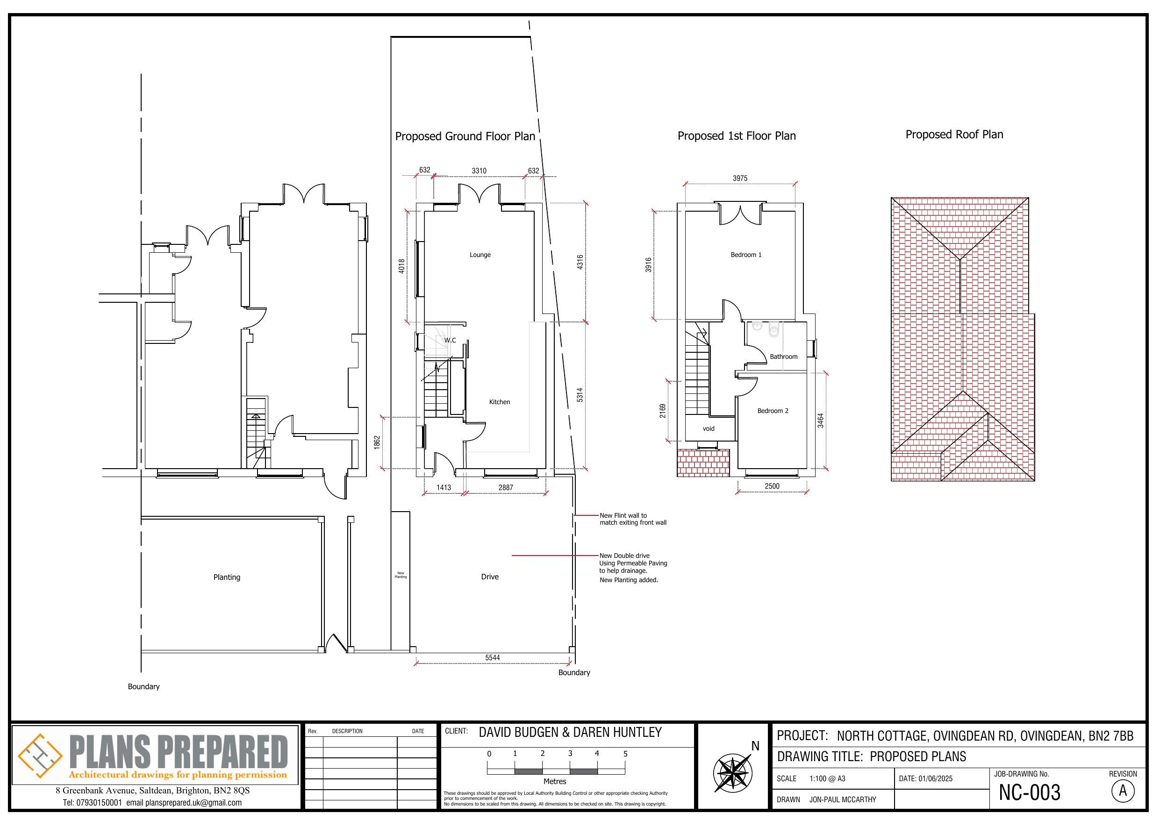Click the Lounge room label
[480, 255]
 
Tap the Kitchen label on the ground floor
[499, 402]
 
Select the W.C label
[450, 340]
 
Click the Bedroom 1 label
[746, 255]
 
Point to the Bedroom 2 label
[773, 411]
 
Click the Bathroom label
[783, 357]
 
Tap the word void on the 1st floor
[709, 428]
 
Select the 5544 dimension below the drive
[492, 657]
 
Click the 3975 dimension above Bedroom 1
[740, 178]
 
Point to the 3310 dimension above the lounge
[479, 171]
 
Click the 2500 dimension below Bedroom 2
[772, 486]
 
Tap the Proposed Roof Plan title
[954, 135]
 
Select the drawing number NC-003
[1029, 792]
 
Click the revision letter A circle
[1123, 791]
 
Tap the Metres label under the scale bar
[554, 781]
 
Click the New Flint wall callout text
[632, 519]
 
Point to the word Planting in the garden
[226, 577]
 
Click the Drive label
[489, 577]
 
